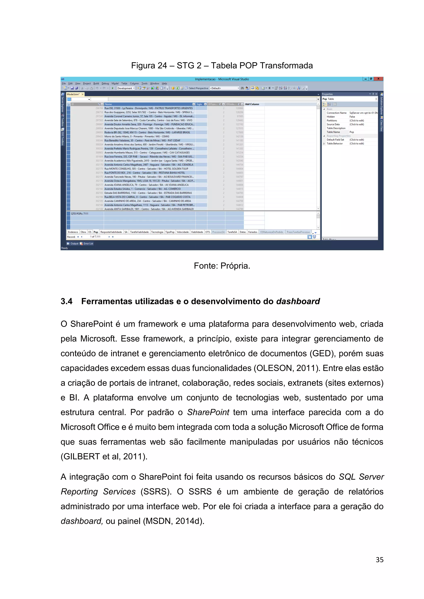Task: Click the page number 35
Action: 379,560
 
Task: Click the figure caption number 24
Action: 162,66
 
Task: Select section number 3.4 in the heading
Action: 67,301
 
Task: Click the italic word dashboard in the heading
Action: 298,301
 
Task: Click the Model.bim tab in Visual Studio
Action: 73,94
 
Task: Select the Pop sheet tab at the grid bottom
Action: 96,232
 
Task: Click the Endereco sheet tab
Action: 73,232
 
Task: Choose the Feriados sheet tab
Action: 252,232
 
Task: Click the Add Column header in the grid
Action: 252,104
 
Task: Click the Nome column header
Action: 108,104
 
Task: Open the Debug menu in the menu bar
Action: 105,84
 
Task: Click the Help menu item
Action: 164,84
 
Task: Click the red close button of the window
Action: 378,79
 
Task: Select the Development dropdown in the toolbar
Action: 126,88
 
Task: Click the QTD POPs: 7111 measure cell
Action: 80,214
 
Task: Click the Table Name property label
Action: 333,132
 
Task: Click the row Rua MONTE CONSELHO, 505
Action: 146,169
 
